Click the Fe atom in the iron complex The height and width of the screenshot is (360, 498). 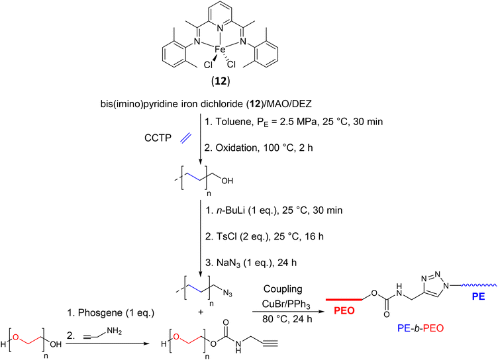point(220,50)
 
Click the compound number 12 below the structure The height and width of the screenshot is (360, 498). point(221,81)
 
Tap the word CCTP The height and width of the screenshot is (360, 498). point(158,138)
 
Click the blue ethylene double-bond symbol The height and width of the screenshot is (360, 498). point(186,138)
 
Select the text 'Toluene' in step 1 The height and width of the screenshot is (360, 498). point(234,122)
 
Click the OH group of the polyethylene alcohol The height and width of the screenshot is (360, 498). point(227,181)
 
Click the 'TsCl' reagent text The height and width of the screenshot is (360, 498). point(226,236)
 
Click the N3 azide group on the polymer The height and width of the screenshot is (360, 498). point(227,292)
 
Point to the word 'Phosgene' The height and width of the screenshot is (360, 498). point(101,313)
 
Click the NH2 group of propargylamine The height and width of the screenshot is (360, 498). point(115,332)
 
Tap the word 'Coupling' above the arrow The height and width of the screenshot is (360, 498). point(283,289)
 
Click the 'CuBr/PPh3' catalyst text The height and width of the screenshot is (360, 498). point(286,304)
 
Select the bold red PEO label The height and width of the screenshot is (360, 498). point(344,310)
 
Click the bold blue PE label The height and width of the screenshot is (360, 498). point(478,296)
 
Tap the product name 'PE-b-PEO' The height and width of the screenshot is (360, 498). point(420,328)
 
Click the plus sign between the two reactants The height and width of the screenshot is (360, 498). point(201,312)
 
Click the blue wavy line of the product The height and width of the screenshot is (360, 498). point(478,285)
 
